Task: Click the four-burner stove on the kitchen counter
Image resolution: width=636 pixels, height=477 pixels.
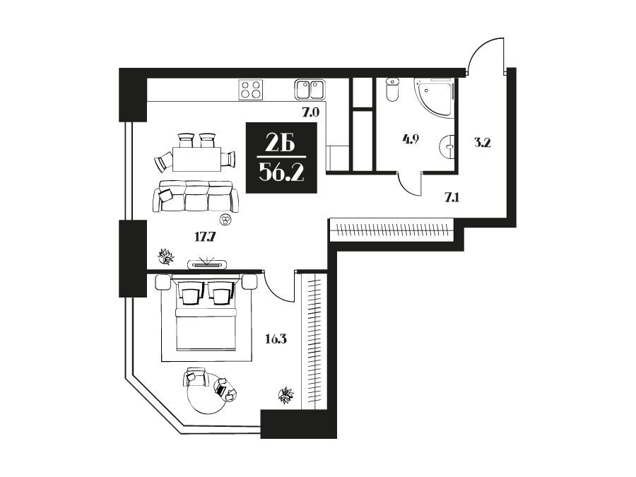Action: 251,89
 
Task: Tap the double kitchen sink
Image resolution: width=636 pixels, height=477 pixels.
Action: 310,89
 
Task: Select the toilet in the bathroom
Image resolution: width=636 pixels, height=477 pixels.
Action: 393,90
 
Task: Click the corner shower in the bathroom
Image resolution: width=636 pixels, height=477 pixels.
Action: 434,98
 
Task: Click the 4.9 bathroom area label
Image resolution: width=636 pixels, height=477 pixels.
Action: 411,139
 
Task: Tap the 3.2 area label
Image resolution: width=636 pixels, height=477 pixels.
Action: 482,142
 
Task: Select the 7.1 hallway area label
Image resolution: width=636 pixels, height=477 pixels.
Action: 452,198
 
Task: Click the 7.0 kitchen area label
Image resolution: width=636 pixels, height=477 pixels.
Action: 311,112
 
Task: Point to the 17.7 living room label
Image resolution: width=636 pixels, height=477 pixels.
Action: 204,237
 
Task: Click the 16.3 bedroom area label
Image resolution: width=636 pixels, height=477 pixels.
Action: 276,338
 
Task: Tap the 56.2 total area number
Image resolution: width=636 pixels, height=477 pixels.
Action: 281,174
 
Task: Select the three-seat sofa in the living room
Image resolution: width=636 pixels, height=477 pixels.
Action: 196,196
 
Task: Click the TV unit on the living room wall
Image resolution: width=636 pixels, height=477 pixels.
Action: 207,264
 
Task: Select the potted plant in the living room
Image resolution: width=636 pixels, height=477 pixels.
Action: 165,257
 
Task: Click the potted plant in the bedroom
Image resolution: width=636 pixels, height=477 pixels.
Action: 286,395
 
